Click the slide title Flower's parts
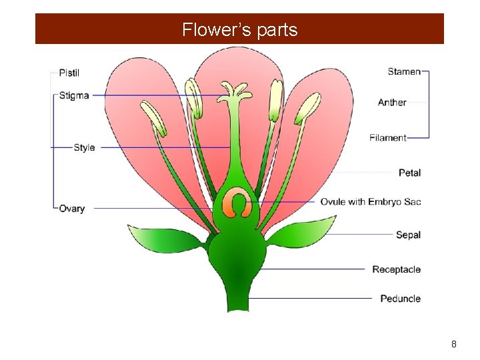coord(240,30)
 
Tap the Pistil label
coord(69,72)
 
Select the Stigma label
coord(73,95)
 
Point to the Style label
coord(84,147)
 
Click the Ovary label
coord(72,209)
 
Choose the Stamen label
coord(404,71)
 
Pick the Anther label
coord(392,102)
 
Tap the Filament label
coord(388,138)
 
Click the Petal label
coord(409,173)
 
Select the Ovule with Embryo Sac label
coord(371,201)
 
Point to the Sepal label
coord(408,235)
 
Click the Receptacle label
coord(396,269)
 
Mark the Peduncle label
coord(400,298)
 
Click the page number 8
coord(454,344)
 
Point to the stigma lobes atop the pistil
coord(233,90)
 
